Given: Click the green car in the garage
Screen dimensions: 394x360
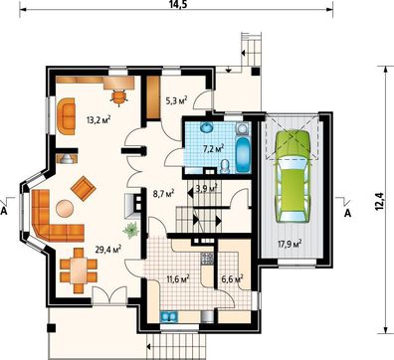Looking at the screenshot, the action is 293,176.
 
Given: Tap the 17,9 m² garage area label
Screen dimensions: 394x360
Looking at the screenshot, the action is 290,244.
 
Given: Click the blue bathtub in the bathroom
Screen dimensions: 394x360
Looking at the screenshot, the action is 244,155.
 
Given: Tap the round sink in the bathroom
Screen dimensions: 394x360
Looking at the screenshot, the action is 208,127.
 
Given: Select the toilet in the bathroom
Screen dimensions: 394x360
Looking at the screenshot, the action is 225,166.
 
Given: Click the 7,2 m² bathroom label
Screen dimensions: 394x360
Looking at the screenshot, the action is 213,149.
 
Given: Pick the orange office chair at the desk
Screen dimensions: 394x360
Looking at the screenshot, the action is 118,96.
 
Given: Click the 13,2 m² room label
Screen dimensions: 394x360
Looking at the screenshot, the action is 98,119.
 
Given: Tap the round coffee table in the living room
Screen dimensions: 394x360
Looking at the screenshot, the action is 65,208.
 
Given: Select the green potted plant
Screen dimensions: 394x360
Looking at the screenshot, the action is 130,230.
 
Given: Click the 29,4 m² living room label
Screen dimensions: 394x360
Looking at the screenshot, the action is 107,249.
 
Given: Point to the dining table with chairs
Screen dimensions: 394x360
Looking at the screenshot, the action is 79,270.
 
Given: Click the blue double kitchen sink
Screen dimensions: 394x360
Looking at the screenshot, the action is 169,317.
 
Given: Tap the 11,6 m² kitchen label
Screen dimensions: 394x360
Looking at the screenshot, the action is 178,278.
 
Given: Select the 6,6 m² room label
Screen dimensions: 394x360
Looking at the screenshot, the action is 232,278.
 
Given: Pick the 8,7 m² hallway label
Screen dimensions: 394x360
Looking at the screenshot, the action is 162,193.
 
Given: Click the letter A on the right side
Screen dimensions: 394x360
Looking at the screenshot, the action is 347,214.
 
